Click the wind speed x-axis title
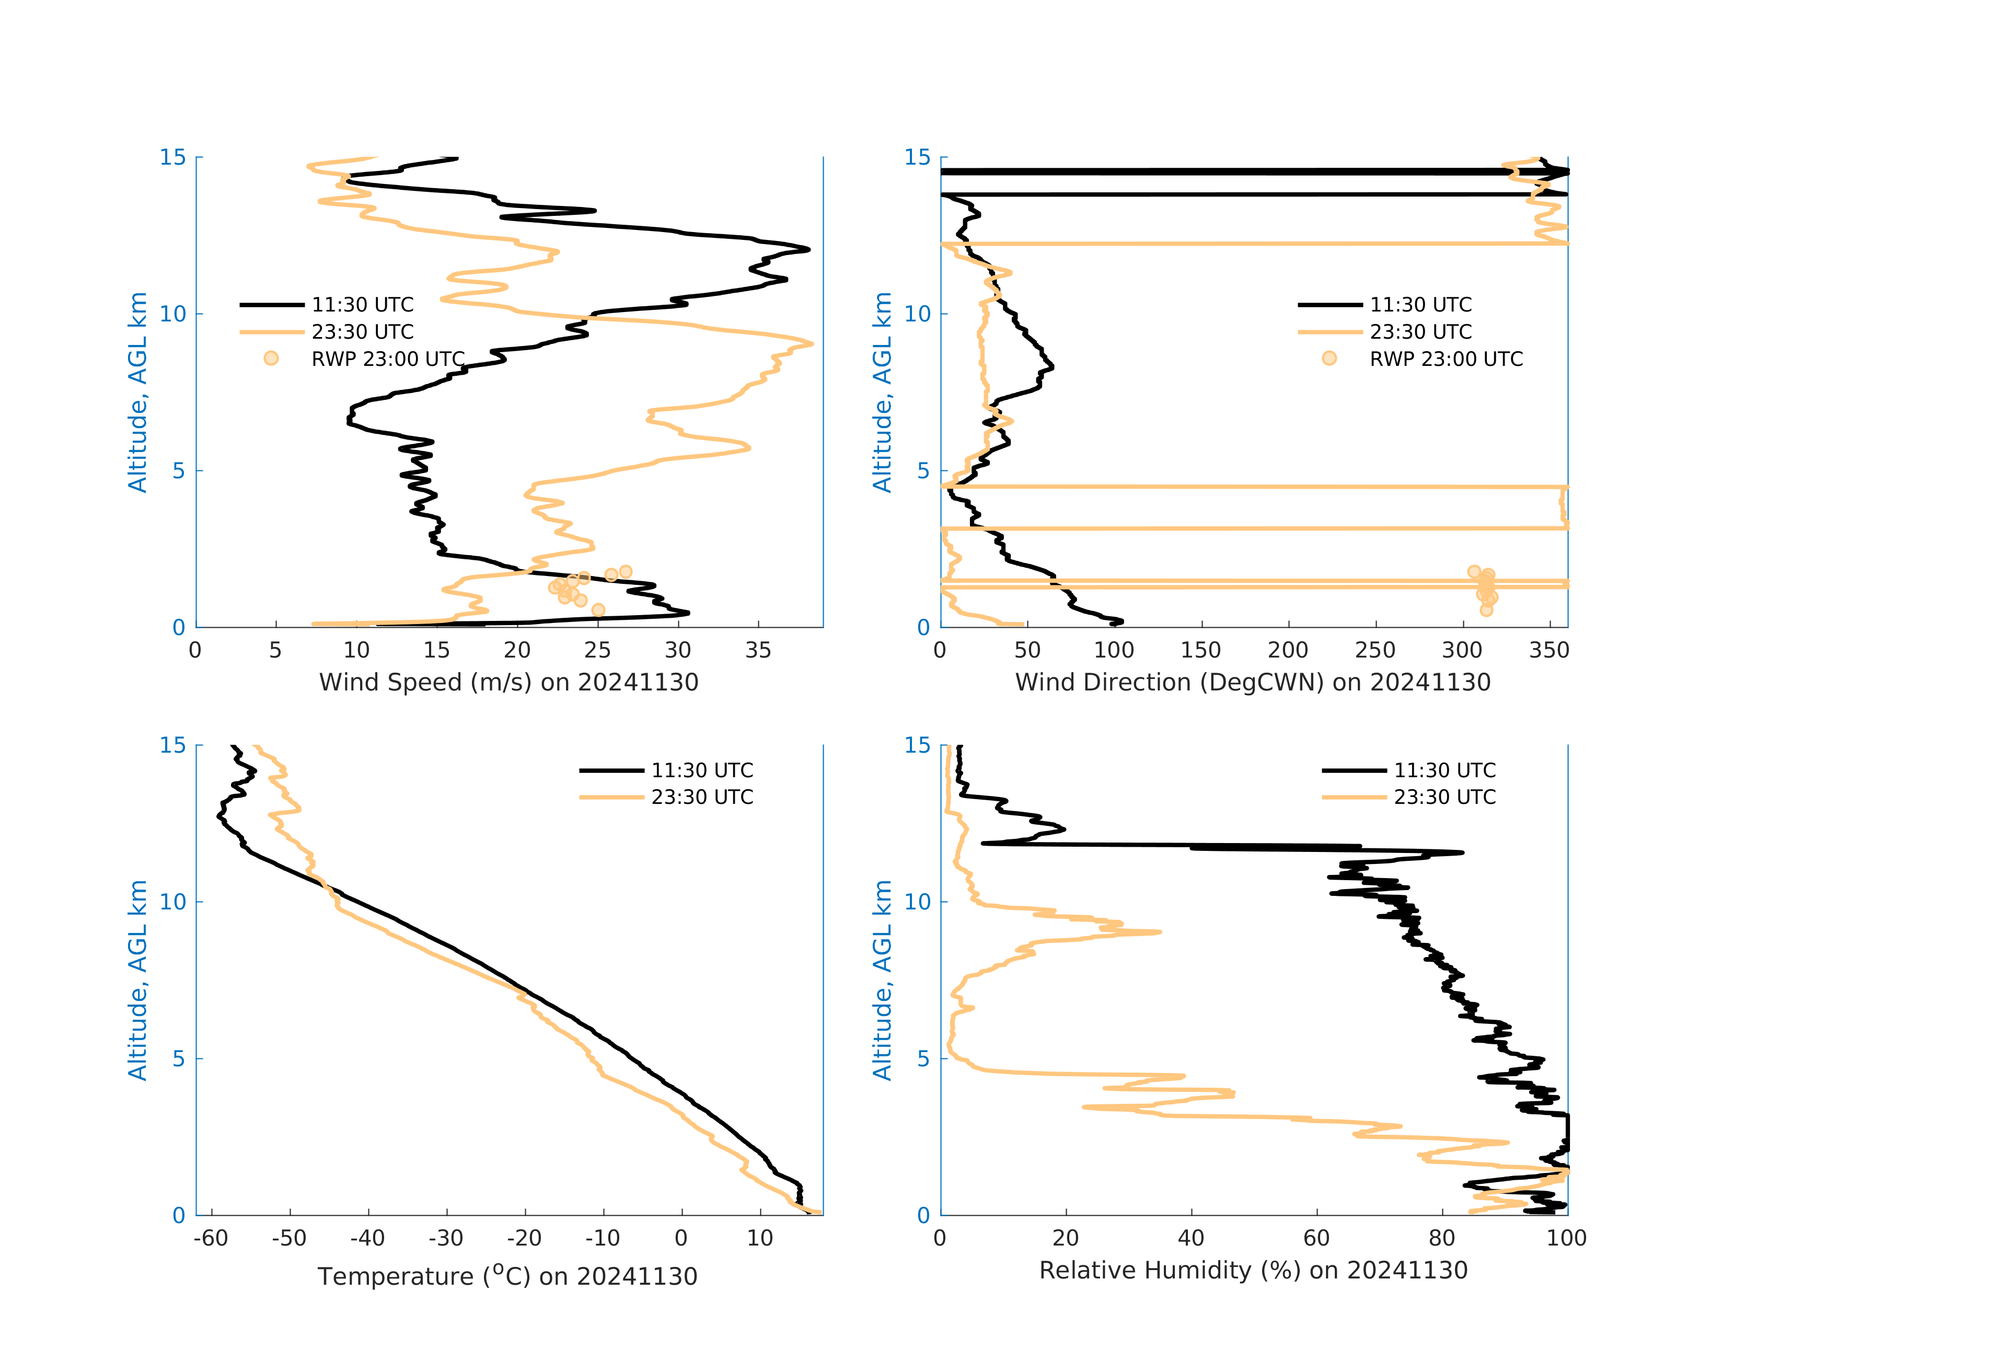(x=509, y=682)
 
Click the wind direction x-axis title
(x=1252, y=682)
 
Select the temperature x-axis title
(x=507, y=1276)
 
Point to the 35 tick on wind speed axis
(x=758, y=650)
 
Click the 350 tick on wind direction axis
(x=1549, y=650)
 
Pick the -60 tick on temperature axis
(x=211, y=1239)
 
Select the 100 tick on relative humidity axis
(x=1566, y=1239)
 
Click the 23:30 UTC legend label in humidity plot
(x=1445, y=798)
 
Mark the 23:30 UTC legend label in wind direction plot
(x=1421, y=332)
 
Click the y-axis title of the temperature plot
(x=137, y=980)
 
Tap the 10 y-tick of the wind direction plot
(x=917, y=314)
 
